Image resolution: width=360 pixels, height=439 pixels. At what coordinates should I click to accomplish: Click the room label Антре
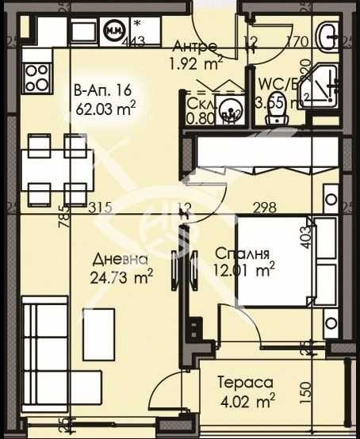click(194, 44)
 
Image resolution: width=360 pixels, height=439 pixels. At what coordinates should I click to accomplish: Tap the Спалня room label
click(243, 254)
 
